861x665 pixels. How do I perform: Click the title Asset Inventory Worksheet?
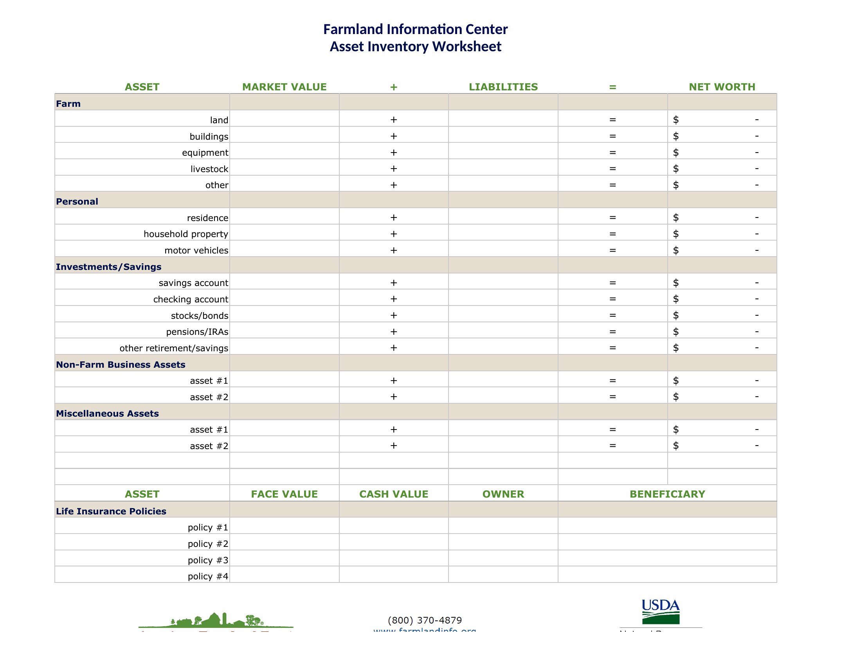pos(415,47)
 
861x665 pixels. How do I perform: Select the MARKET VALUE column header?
pos(284,87)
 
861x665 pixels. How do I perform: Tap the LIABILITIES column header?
pos(503,87)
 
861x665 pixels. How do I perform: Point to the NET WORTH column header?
pos(722,87)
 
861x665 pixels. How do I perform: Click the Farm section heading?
pos(68,104)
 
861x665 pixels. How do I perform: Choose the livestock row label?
pos(209,169)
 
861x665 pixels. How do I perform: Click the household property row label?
pos(186,234)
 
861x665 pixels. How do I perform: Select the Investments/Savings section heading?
pos(108,267)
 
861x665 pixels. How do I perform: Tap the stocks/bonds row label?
pos(200,316)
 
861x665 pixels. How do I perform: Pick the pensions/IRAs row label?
pos(197,332)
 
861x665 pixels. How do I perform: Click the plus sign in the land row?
pos(393,120)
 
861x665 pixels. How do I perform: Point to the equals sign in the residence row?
pos(612,217)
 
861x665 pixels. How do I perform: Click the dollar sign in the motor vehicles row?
pos(676,250)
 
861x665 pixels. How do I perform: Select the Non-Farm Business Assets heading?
pos(120,365)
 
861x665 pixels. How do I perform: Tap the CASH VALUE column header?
pos(393,494)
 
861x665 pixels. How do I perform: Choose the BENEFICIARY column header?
pos(667,494)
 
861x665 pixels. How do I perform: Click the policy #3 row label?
pos(208,560)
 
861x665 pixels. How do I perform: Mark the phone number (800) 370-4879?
pos(425,620)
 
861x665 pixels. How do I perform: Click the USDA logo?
pos(661,611)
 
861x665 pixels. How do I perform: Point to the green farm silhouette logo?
pos(216,620)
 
